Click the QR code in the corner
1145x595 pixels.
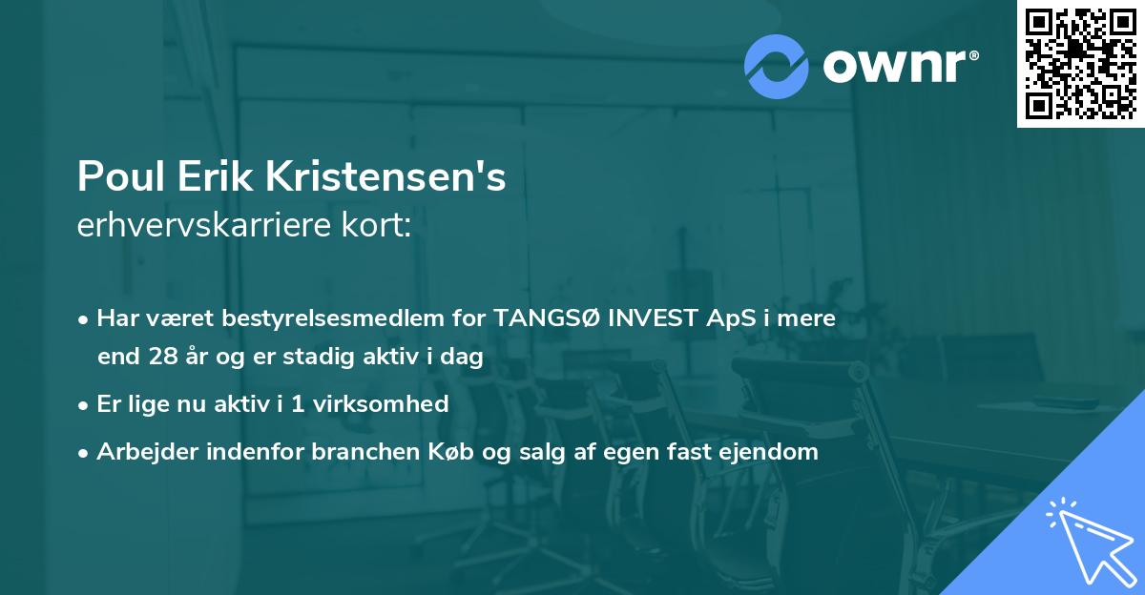(1080, 63)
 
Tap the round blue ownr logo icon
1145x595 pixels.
(777, 66)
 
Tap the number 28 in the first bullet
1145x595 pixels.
(162, 357)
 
